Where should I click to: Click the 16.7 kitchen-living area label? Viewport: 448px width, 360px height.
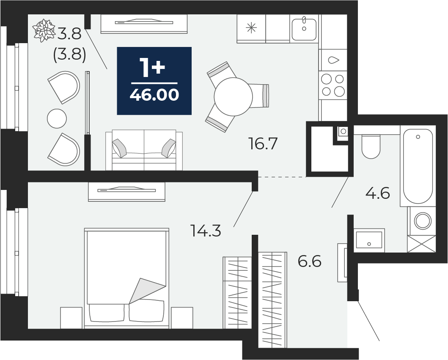pyautogui.click(x=263, y=143)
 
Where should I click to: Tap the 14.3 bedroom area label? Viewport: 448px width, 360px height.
pyautogui.click(x=206, y=231)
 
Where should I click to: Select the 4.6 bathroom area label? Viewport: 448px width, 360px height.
pyautogui.click(x=378, y=193)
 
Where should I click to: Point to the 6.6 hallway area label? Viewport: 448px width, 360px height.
pyautogui.click(x=310, y=261)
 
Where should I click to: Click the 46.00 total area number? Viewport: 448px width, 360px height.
pyautogui.click(x=154, y=95)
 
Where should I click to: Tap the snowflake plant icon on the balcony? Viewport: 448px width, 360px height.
pyautogui.click(x=44, y=30)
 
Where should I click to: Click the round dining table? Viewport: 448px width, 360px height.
pyautogui.click(x=233, y=96)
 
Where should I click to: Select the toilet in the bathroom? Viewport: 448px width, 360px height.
pyautogui.click(x=371, y=146)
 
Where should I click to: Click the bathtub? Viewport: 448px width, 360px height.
pyautogui.click(x=418, y=166)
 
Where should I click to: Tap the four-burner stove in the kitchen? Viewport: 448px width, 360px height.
pyautogui.click(x=333, y=85)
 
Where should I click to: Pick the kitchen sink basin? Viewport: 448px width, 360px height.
pyautogui.click(x=304, y=29)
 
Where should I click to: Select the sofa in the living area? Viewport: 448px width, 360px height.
pyautogui.click(x=144, y=150)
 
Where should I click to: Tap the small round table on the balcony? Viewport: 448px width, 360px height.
pyautogui.click(x=57, y=118)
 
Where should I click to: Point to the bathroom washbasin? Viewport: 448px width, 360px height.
pyautogui.click(x=369, y=240)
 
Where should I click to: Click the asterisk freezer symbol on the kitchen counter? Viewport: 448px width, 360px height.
pyautogui.click(x=251, y=28)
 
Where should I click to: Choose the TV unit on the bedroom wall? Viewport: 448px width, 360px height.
pyautogui.click(x=126, y=192)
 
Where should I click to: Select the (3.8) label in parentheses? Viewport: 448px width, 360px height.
pyautogui.click(x=70, y=54)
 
